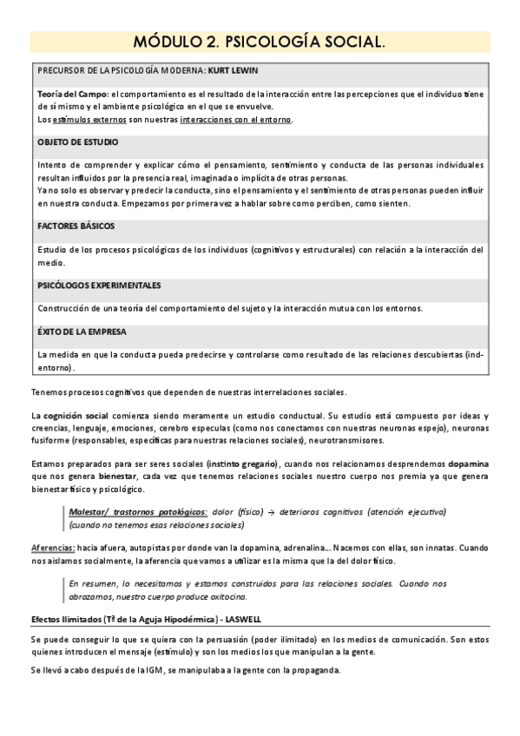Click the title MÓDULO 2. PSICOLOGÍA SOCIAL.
click(260, 43)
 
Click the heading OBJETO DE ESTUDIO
click(78, 141)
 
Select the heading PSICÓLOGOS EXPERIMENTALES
click(100, 286)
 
